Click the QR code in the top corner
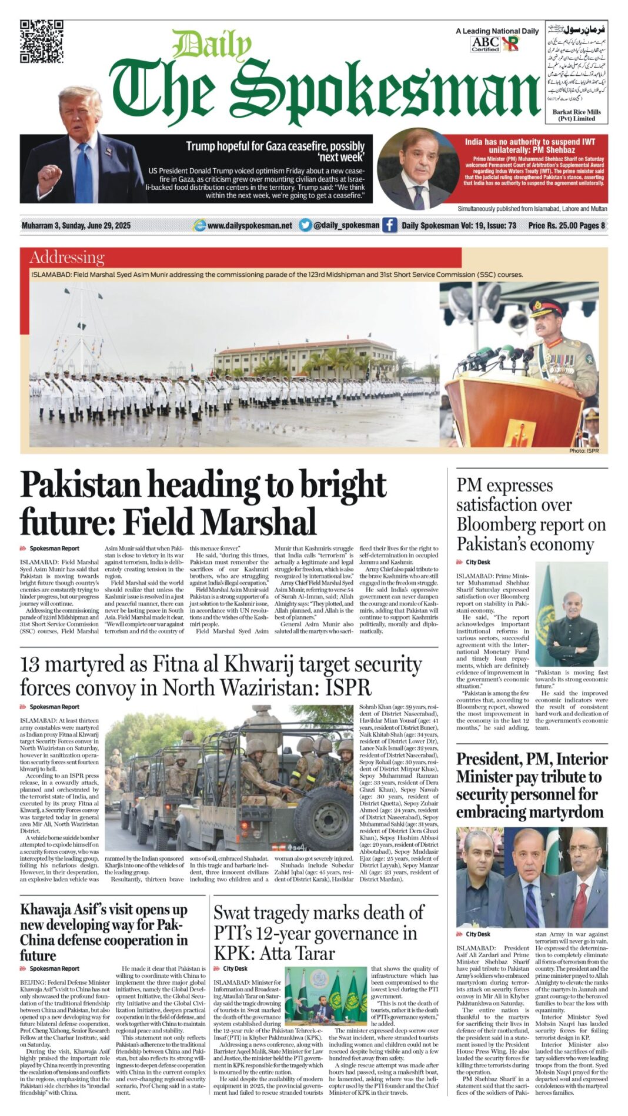coord(41,41)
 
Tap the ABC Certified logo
coord(486,44)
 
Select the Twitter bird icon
coord(305,225)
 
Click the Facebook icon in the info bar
coord(390,225)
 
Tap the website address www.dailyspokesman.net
coord(249,225)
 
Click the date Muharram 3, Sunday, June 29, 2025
coord(76,226)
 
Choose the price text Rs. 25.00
coord(559,225)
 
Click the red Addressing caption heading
coord(67,258)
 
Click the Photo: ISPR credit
coord(583,450)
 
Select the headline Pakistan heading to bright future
coord(203,503)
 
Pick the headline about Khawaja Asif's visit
coord(103,932)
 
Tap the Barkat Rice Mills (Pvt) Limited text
coord(576,115)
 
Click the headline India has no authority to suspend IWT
coord(530,145)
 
